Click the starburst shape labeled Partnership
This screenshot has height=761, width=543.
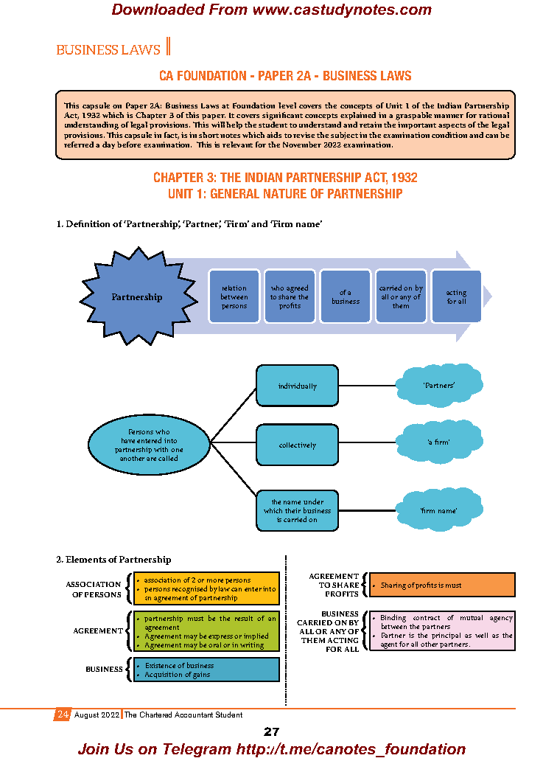[136, 296]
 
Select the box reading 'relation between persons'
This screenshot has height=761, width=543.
[234, 296]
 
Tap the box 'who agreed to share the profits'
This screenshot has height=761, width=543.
[290, 296]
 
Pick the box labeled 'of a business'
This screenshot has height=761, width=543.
[345, 296]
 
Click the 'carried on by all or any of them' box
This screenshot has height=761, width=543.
[401, 296]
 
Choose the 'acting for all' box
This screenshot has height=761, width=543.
[456, 296]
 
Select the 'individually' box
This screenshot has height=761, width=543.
[297, 386]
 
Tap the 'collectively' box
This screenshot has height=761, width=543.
[297, 445]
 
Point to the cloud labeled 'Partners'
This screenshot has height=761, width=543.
[438, 385]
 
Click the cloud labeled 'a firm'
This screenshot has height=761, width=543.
[438, 442]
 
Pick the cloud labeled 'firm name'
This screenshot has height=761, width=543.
[438, 510]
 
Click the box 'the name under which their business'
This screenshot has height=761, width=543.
[297, 510]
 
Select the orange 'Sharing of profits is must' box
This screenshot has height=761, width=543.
[441, 585]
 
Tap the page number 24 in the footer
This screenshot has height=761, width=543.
[63, 715]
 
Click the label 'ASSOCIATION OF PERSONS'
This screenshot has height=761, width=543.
[93, 589]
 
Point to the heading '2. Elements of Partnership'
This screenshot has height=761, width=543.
[113, 560]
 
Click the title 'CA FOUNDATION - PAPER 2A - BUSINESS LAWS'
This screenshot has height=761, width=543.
[285, 76]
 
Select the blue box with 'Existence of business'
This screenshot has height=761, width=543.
[211, 670]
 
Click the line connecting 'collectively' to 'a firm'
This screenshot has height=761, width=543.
[368, 444]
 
